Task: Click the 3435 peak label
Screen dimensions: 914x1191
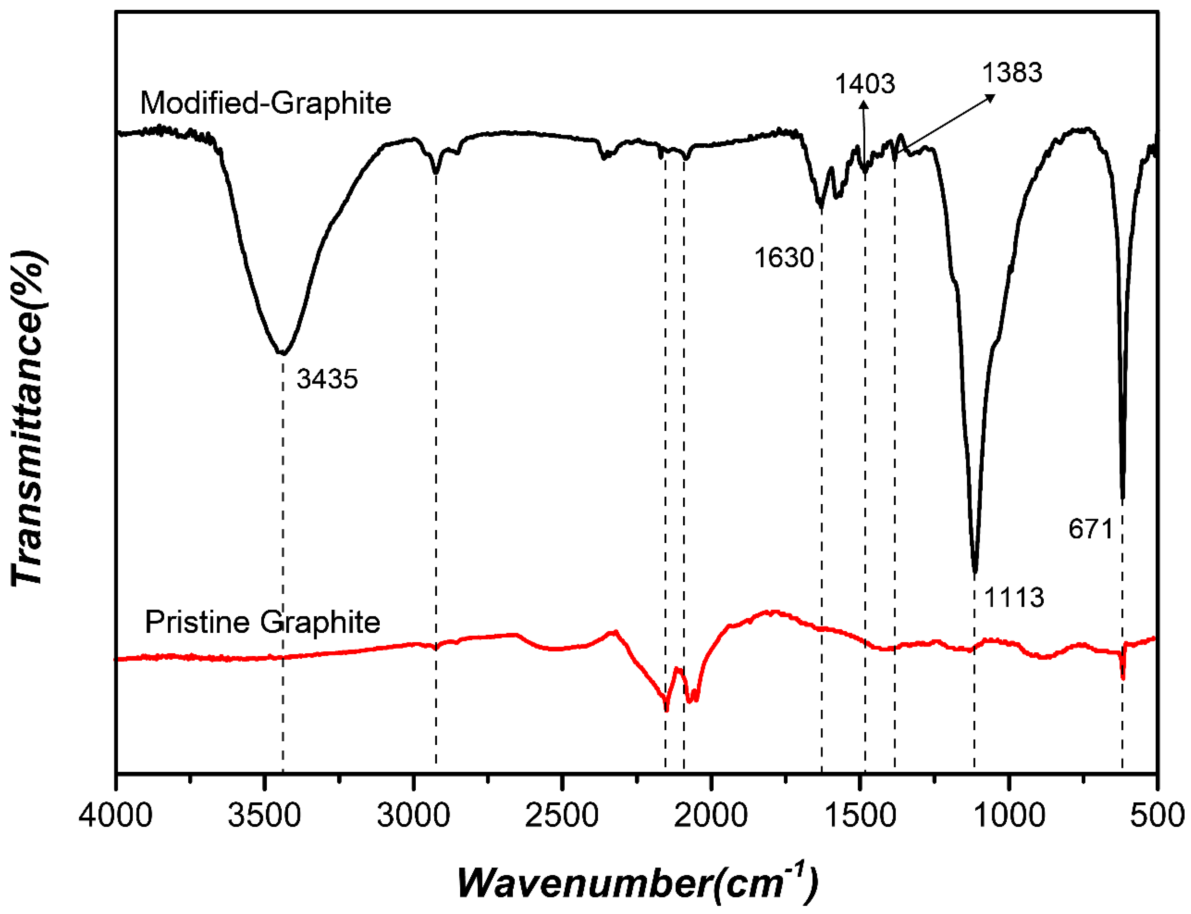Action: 327,379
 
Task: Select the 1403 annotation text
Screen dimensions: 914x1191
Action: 865,84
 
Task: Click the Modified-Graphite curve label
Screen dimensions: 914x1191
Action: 265,103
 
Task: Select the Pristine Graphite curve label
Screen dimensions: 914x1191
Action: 262,622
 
